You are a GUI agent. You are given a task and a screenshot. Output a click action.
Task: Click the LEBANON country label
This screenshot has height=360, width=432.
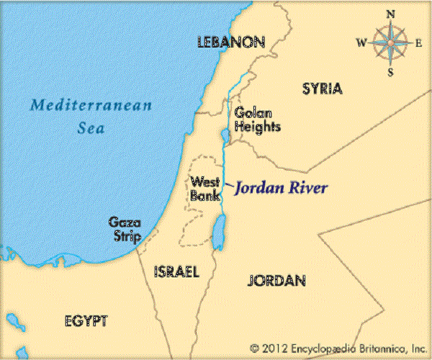click(231, 43)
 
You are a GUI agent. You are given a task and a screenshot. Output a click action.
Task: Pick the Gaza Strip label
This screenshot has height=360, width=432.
click(122, 229)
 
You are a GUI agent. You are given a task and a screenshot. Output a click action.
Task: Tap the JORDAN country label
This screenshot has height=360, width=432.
click(276, 280)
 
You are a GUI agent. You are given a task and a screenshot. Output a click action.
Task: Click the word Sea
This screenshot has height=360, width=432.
click(91, 130)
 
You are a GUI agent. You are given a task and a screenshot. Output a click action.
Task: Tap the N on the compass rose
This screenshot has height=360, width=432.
click(390, 14)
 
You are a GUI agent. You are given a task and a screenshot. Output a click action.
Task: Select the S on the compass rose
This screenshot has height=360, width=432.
click(390, 71)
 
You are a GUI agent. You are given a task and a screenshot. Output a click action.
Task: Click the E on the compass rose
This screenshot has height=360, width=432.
click(419, 42)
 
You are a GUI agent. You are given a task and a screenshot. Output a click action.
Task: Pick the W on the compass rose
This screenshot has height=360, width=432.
click(361, 42)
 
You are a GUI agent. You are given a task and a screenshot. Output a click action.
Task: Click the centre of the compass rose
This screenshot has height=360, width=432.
click(390, 42)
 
